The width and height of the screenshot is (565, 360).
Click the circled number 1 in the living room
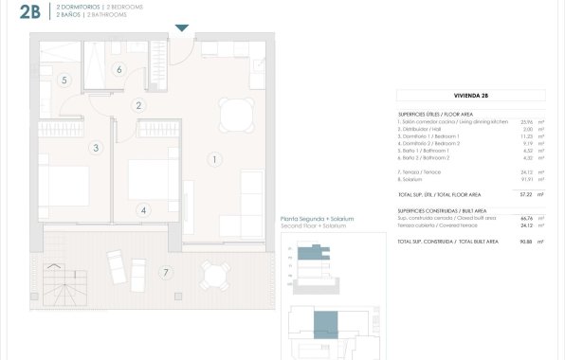pos(216,160)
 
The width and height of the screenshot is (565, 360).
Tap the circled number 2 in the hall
pos(138,106)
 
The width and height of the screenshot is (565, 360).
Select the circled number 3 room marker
pos(96,148)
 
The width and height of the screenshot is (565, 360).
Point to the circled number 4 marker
pos(143,210)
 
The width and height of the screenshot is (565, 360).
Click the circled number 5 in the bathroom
pos(64,81)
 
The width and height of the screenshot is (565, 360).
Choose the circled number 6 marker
pos(118,68)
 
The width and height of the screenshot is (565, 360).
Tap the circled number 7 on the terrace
pos(166,274)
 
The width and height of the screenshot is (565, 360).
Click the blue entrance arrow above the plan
pos(182,27)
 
